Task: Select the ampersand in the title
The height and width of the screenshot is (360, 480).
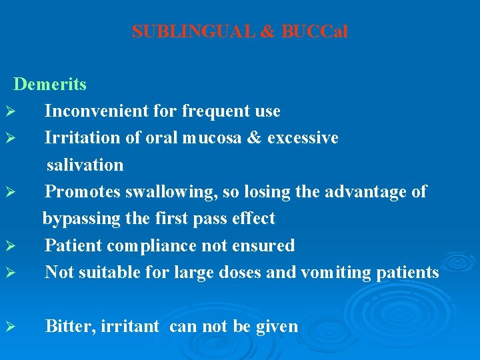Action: click(268, 31)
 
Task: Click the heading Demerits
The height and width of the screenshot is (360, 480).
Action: click(50, 84)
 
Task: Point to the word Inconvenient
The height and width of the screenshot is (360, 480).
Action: click(97, 111)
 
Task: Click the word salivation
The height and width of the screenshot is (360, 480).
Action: click(85, 165)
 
